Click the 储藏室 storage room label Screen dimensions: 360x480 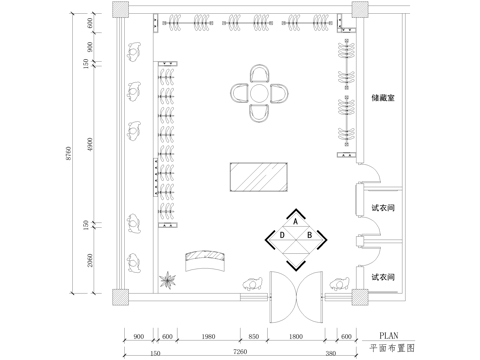[x=384, y=98]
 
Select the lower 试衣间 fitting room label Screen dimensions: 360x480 [x=384, y=275]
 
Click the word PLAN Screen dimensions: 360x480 [x=391, y=336]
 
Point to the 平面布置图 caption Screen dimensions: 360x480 [x=391, y=350]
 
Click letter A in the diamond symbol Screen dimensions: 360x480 [x=296, y=222]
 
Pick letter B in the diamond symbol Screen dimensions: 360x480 [x=310, y=235]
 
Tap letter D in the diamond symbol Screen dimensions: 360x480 [x=283, y=235]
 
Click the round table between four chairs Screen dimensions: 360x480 [x=261, y=94]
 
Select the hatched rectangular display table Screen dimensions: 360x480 [x=260, y=180]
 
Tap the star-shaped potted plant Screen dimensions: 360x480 [x=169, y=280]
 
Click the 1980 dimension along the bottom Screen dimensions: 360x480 [x=208, y=336]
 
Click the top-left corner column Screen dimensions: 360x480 [x=120, y=10]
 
